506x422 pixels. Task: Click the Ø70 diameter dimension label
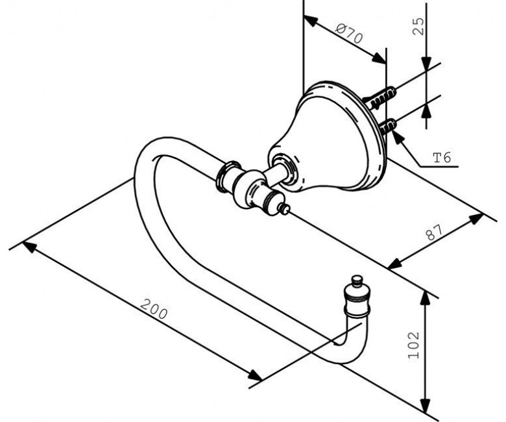pyautogui.click(x=349, y=34)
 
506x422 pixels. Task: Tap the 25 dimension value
pyautogui.click(x=418, y=26)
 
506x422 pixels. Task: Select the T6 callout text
pyautogui.click(x=442, y=158)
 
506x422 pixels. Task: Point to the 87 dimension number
pyautogui.click(x=435, y=232)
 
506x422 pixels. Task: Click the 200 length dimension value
pyautogui.click(x=154, y=309)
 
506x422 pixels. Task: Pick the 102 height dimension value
pyautogui.click(x=414, y=345)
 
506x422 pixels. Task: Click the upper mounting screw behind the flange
pyautogui.click(x=381, y=98)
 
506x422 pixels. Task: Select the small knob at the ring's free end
pyautogui.click(x=357, y=280)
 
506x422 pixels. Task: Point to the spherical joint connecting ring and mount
pyautogui.click(x=248, y=189)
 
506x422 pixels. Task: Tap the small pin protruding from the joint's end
pyautogui.click(x=284, y=209)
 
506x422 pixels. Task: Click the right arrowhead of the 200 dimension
pyautogui.click(x=255, y=375)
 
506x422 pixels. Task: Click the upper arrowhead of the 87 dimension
pyautogui.click(x=476, y=219)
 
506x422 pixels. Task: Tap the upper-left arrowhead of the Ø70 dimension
pyautogui.click(x=311, y=21)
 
